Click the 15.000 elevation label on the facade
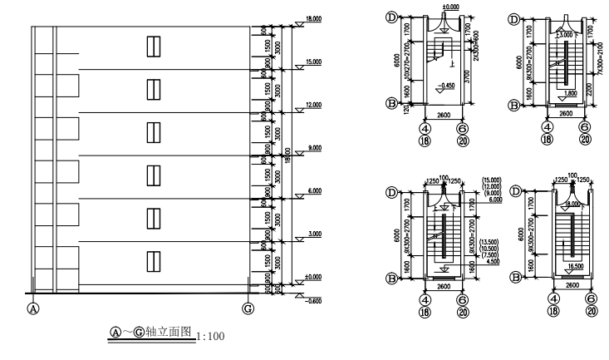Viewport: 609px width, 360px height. click(x=314, y=61)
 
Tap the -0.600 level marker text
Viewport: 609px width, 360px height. click(x=314, y=301)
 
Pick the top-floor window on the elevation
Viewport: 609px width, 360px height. click(x=153, y=46)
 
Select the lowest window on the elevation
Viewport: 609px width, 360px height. click(x=153, y=261)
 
